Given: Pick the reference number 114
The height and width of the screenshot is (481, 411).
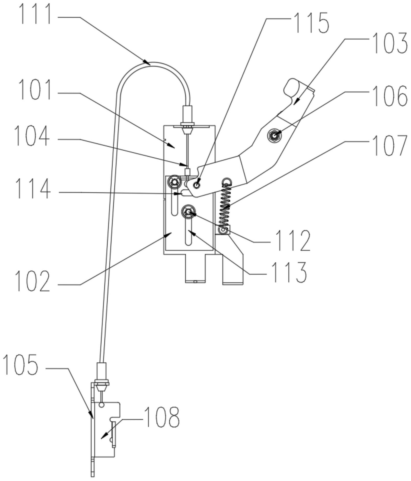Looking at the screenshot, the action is pos(33,189).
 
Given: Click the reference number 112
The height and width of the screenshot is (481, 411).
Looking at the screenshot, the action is pos(293,240).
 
